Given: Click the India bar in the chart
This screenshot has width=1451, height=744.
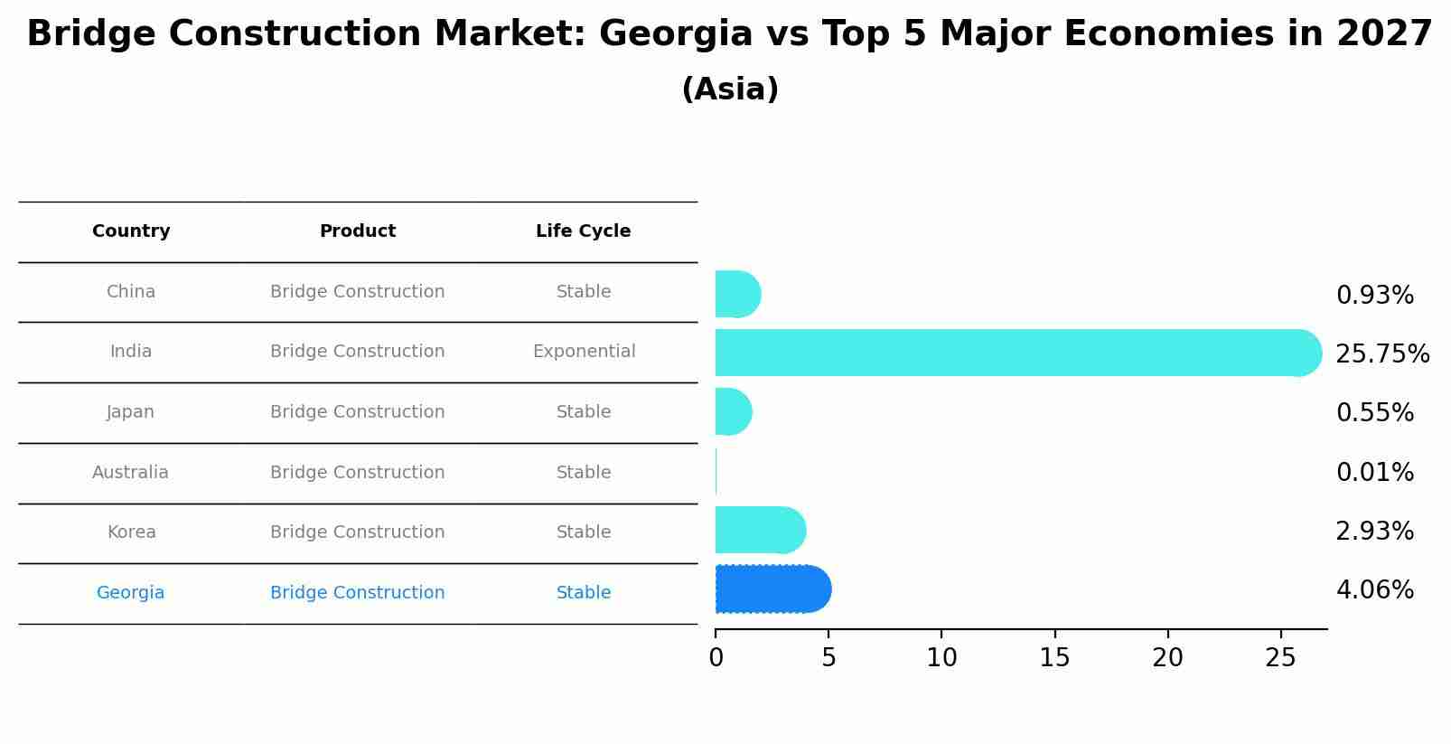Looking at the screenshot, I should pyautogui.click(x=1012, y=353).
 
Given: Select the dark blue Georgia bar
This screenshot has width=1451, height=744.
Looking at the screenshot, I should pyautogui.click(x=772, y=589).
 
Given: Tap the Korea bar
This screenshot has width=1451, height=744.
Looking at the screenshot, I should pyautogui.click(x=759, y=530).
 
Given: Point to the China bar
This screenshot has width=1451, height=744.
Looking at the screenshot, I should pyautogui.click(x=736, y=294).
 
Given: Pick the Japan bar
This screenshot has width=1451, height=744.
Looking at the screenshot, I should pyautogui.click(x=733, y=411).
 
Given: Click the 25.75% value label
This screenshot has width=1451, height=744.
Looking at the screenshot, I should pyautogui.click(x=1381, y=354).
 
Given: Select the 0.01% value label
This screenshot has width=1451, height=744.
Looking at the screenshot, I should pyautogui.click(x=1374, y=472).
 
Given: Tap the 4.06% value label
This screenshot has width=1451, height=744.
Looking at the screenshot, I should pyautogui.click(x=1374, y=590).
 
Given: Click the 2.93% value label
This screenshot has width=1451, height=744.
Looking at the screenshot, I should pyautogui.click(x=1374, y=532).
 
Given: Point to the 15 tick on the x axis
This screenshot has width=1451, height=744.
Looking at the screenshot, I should pyautogui.click(x=1054, y=658).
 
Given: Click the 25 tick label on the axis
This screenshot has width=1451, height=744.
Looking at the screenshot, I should pyautogui.click(x=1280, y=658).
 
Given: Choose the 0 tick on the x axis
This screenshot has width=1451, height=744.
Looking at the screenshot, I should pyautogui.click(x=716, y=658).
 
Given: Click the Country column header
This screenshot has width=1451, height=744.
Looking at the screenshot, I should pyautogui.click(x=131, y=231).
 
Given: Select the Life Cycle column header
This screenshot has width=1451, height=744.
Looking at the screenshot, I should pyautogui.click(x=583, y=231).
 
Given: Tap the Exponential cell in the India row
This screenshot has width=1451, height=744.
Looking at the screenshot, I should pyautogui.click(x=584, y=352).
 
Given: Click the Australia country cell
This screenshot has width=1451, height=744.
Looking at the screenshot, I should pyautogui.click(x=130, y=473).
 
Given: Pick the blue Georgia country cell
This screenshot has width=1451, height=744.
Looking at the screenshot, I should pyautogui.click(x=130, y=593).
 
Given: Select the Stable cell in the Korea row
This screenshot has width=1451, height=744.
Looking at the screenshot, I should pyautogui.click(x=584, y=532).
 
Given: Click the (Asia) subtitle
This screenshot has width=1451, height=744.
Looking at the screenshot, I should pyautogui.click(x=729, y=89).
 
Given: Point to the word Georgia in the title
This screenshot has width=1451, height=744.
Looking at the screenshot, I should pyautogui.click(x=675, y=34).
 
